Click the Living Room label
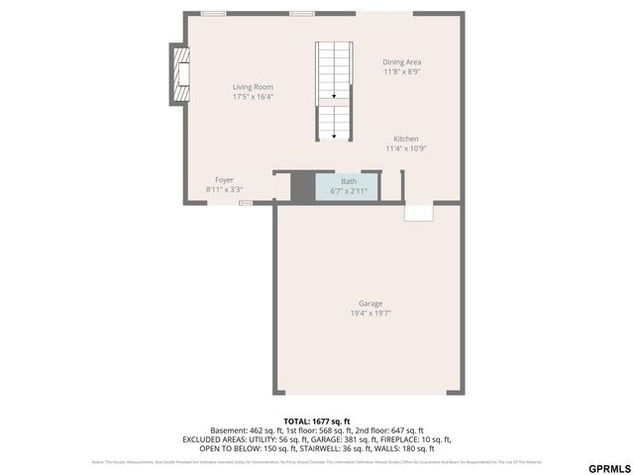click(253, 87)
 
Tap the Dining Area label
click(402, 62)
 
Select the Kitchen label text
click(406, 139)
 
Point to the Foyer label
click(225, 180)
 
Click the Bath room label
click(349, 181)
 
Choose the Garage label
click(370, 304)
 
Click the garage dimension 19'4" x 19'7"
click(370, 314)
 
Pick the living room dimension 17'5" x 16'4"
click(253, 97)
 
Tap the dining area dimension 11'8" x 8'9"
click(402, 72)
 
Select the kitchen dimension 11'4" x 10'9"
click(406, 148)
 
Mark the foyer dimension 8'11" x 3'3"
click(225, 189)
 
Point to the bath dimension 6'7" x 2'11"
click(349, 190)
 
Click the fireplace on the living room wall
click(179, 73)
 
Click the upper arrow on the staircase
click(334, 96)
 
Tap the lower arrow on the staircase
click(334, 135)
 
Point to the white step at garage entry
click(418, 212)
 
